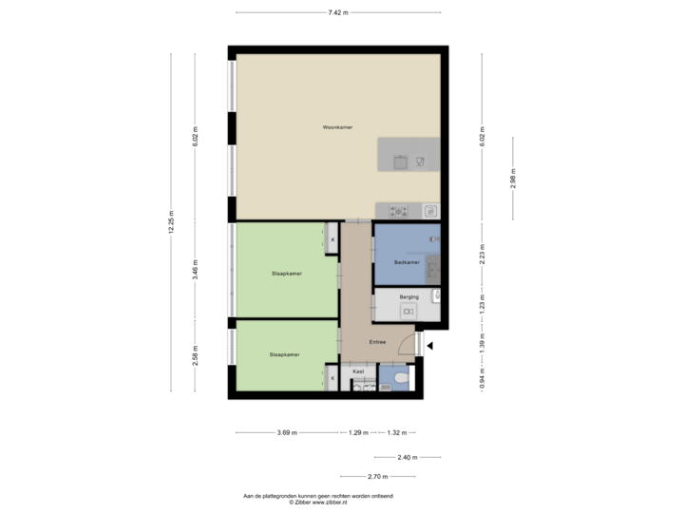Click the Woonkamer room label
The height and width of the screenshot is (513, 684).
(x=337, y=126)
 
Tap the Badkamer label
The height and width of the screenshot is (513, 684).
(x=407, y=262)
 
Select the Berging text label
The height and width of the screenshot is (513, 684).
(x=409, y=297)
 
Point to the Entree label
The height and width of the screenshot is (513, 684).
(x=377, y=342)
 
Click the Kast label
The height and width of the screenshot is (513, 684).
(x=359, y=372)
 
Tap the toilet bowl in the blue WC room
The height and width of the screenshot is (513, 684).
(x=402, y=383)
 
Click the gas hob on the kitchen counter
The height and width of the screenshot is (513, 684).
(x=396, y=211)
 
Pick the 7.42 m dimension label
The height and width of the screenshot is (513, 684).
(x=337, y=12)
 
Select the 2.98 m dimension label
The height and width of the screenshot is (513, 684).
(x=513, y=179)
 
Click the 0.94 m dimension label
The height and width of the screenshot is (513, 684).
(x=483, y=378)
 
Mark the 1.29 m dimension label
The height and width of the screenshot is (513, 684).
(x=358, y=432)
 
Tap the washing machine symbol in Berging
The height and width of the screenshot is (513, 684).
(x=408, y=311)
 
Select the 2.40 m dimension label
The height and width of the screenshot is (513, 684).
(x=405, y=457)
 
